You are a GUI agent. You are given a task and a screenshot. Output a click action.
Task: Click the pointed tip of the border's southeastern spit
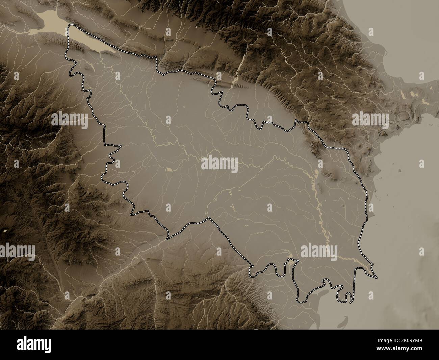point(377,278)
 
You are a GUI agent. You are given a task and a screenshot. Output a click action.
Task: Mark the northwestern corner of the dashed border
point(70,26)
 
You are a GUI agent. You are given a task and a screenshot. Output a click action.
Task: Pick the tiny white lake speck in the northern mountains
point(196,26)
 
